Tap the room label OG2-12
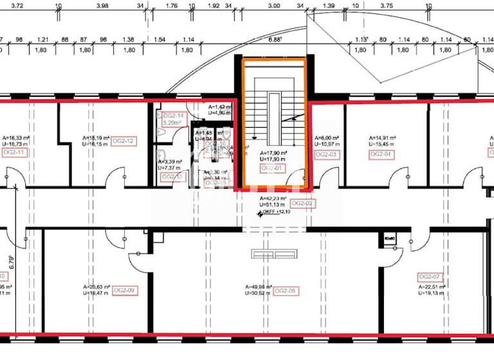pos(122,141)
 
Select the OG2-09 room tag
pos(123,291)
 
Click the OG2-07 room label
pos(429,277)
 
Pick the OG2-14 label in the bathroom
pos(174,116)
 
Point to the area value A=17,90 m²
pos(273,152)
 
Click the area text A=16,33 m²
pos(17,138)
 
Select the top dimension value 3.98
pos(102,6)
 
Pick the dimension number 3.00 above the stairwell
pos(273,6)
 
